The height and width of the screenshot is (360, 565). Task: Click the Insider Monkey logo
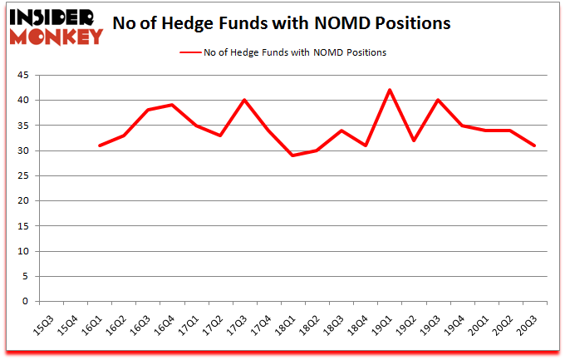click(x=56, y=26)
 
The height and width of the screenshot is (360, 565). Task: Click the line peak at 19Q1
click(x=390, y=90)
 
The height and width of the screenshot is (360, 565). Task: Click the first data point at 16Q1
click(x=100, y=145)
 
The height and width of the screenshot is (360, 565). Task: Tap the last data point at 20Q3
click(x=534, y=145)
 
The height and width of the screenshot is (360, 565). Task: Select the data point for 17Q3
click(x=244, y=100)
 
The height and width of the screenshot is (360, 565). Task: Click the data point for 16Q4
click(x=172, y=105)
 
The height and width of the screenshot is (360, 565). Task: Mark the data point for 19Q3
click(x=438, y=100)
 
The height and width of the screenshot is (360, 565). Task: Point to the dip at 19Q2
click(x=414, y=141)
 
